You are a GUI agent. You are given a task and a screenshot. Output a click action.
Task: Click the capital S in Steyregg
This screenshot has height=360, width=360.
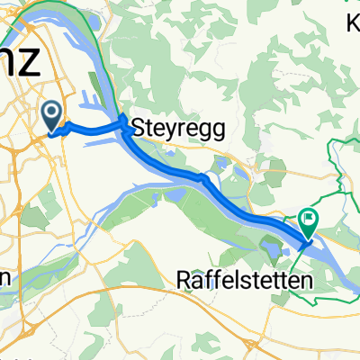pos(139,129)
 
